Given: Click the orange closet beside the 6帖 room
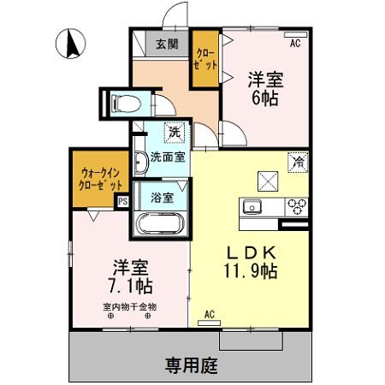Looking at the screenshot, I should coord(205,58).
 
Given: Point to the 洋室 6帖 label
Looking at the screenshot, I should coord(265,88).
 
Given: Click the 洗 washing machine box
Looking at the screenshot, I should coord(175,133).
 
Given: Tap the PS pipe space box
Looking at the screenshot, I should coord(122,202).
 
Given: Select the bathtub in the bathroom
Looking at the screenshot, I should coord(159,226).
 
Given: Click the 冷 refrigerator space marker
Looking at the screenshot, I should coord(298,160).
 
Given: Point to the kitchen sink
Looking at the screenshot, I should coord(253,206).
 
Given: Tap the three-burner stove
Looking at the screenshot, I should coord(297,205).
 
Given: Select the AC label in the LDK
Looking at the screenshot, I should coord(209,315).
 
